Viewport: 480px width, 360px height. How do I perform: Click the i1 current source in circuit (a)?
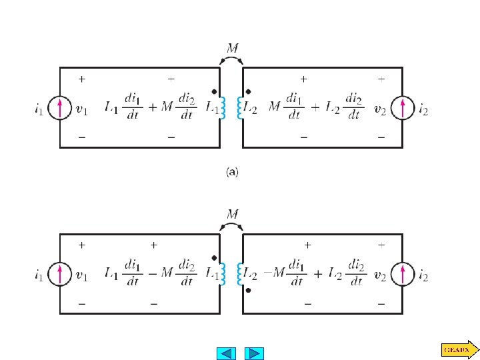pos(60,107)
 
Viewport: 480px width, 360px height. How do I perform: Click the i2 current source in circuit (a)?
pos(402,107)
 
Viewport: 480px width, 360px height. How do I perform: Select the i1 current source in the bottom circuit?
pos(60,273)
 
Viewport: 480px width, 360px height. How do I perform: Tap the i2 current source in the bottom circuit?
pos(402,273)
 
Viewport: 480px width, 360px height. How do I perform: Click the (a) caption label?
pos(231,172)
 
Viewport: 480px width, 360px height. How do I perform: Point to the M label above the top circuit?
pos(231,48)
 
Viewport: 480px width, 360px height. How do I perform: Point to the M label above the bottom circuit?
pos(231,215)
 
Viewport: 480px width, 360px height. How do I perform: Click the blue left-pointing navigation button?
pos(227,353)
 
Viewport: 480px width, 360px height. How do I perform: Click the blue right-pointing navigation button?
pos(254,353)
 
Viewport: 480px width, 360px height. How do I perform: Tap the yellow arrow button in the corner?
pos(459,348)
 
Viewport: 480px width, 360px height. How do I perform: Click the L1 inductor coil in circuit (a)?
pos(222,108)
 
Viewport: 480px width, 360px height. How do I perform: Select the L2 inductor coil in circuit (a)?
pos(241,108)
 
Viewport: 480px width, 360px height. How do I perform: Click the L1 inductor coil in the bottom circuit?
pos(222,273)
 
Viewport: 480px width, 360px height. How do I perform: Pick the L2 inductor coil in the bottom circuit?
pos(241,273)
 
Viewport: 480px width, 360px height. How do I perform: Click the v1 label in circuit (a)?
pos(81,108)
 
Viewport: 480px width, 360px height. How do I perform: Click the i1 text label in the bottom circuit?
pos(40,274)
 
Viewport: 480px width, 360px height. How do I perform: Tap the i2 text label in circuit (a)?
pos(423,108)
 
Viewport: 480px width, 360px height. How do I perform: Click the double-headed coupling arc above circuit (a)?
pos(231,61)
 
